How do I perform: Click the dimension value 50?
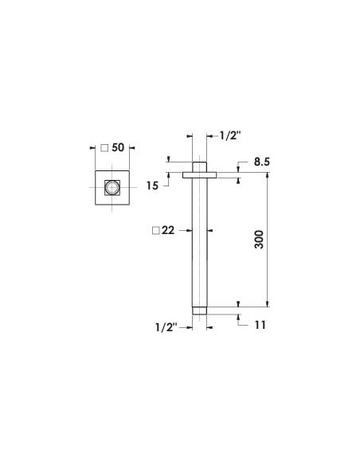[x=118, y=147]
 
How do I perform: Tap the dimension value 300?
[x=259, y=240]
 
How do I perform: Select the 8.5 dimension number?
[x=262, y=162]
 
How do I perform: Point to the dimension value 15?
[x=152, y=186]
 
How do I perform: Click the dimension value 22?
[x=168, y=230]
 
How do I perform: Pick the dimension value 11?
[x=260, y=325]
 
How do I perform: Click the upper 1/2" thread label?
[x=230, y=136]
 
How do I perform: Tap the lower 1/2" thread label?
[x=166, y=327]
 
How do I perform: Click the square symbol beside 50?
[x=104, y=147]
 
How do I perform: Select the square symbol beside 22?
[x=155, y=230]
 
